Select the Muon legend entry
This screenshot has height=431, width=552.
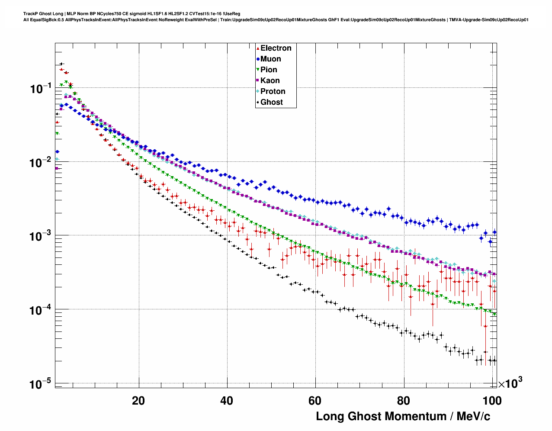point(270,59)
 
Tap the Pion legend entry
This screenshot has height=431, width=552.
point(269,70)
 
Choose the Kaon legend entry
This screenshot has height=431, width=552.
point(270,80)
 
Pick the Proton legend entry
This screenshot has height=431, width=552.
point(273,91)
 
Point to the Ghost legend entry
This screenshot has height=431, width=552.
point(271,102)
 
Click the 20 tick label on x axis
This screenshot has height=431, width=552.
point(138,401)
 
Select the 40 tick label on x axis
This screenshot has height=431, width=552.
point(227,401)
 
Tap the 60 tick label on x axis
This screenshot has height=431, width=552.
point(315,401)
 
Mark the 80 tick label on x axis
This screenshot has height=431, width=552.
point(404,401)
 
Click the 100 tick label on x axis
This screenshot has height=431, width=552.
point(492,401)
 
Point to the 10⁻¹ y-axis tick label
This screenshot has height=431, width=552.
point(41,89)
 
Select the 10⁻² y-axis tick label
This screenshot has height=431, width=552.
point(41,163)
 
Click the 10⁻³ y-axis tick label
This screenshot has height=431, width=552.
point(41,237)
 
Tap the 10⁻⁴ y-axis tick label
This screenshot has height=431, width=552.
point(41,311)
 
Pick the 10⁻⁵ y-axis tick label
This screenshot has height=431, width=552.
point(41,384)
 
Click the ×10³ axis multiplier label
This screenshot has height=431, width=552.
point(510,383)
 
